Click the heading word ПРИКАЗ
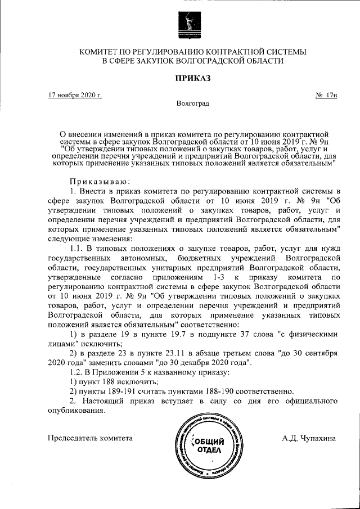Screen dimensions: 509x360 [x=192, y=78]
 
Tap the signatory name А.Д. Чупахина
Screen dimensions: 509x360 [x=309, y=438]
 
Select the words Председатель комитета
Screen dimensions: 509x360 [x=91, y=438]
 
